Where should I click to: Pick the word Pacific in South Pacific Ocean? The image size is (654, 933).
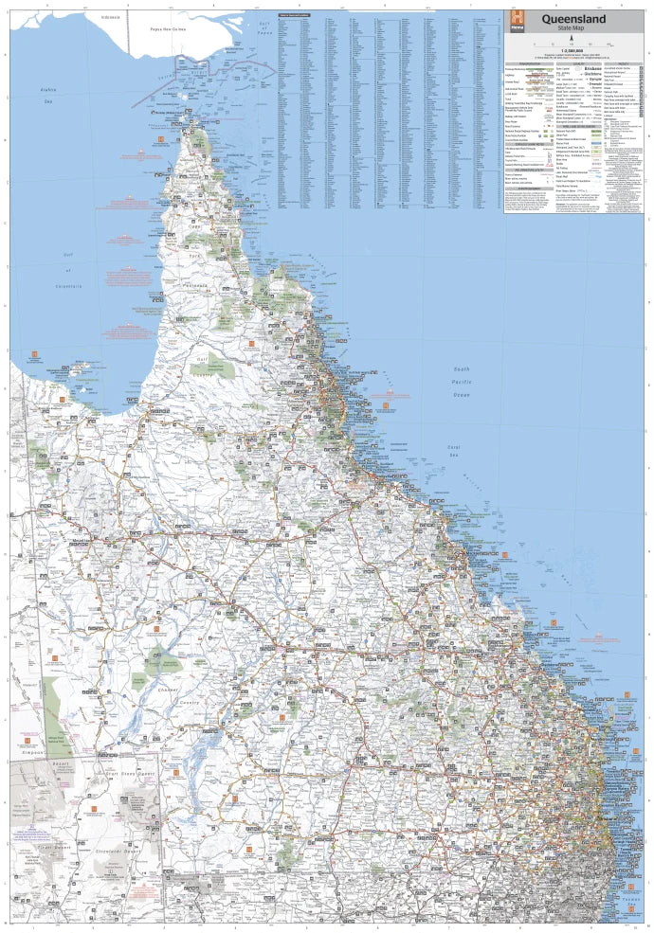[462, 382]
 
